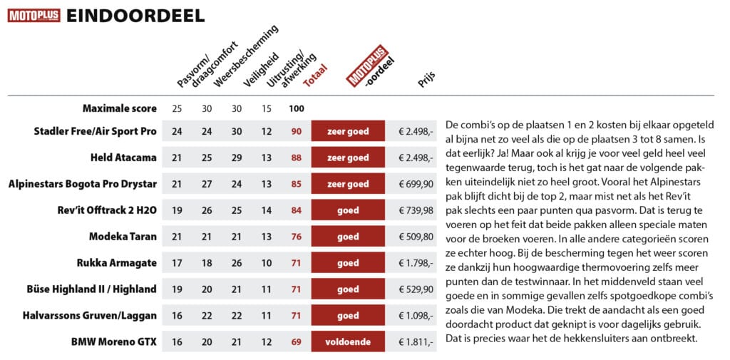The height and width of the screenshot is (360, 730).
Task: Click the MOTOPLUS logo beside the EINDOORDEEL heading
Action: click(x=34, y=16)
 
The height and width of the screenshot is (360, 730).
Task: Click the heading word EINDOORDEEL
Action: click(x=135, y=16)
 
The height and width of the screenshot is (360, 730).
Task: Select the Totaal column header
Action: click(x=314, y=76)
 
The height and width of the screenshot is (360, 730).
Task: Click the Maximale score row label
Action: click(x=118, y=108)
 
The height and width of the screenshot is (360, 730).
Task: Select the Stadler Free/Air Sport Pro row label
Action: click(x=96, y=131)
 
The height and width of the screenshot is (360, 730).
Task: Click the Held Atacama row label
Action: click(x=123, y=158)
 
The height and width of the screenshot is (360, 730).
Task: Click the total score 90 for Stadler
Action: click(x=296, y=131)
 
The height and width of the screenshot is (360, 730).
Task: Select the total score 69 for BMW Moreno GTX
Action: click(x=296, y=342)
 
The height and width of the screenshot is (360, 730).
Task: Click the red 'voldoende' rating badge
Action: click(x=348, y=342)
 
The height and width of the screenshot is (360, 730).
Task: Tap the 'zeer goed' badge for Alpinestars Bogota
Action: click(x=348, y=184)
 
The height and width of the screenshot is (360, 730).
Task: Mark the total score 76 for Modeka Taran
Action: click(x=296, y=237)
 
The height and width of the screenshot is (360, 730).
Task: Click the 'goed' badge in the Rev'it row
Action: click(x=348, y=210)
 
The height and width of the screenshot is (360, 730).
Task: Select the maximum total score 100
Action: click(x=296, y=108)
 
